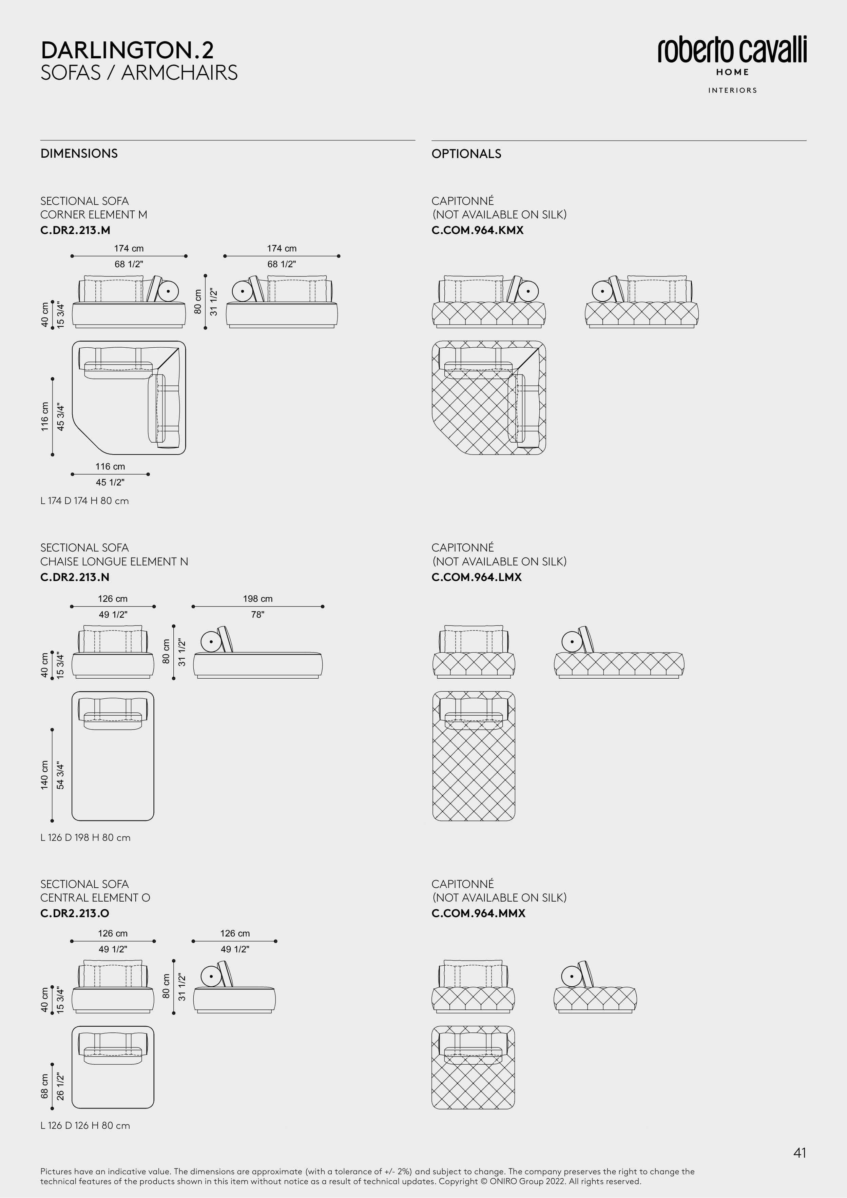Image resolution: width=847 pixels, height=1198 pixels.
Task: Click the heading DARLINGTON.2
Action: click(x=127, y=51)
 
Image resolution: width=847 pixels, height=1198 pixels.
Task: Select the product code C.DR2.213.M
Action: click(x=75, y=230)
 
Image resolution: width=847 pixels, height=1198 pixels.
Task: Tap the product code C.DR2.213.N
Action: click(x=75, y=577)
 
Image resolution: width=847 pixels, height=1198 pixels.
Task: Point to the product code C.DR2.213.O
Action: click(x=75, y=913)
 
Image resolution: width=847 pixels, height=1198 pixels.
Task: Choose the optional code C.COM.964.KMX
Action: click(x=477, y=230)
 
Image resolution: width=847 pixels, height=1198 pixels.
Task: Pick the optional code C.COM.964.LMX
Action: click(x=477, y=577)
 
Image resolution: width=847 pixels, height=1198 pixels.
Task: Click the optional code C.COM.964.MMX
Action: click(x=478, y=913)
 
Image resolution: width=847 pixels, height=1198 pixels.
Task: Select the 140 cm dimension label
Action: click(x=45, y=775)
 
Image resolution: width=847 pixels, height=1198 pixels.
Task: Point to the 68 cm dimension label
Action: click(x=45, y=1086)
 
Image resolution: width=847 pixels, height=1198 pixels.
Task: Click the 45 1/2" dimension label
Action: click(x=110, y=482)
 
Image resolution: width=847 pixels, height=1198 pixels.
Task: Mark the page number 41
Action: click(x=800, y=1153)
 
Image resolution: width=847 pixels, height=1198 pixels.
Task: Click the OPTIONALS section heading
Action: click(x=466, y=153)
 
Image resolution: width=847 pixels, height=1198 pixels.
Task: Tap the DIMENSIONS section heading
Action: click(x=79, y=153)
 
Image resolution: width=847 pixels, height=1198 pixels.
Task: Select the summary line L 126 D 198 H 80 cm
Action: click(x=85, y=837)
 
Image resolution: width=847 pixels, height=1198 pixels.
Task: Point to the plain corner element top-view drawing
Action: click(x=129, y=398)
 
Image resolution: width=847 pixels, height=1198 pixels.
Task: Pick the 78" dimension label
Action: click(x=258, y=615)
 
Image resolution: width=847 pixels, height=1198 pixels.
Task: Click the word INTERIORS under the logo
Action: click(x=732, y=90)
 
